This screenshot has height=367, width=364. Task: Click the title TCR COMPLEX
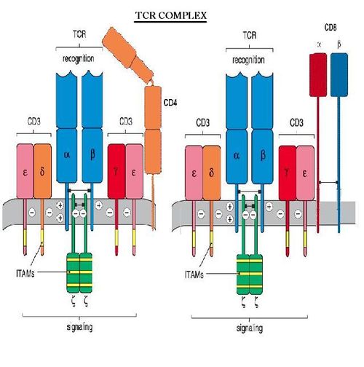click(x=171, y=16)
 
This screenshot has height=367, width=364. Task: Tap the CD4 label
click(x=170, y=103)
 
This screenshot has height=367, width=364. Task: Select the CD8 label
click(x=331, y=28)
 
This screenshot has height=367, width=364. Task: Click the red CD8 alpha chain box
click(x=318, y=75)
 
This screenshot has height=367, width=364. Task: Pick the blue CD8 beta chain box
click(x=339, y=75)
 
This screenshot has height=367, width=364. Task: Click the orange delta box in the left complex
click(x=42, y=171)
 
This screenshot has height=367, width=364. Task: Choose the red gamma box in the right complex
click(x=288, y=173)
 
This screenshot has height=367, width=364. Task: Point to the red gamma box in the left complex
click(x=116, y=171)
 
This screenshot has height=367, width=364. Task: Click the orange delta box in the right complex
click(x=212, y=173)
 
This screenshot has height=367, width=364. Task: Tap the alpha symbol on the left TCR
click(x=67, y=155)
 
